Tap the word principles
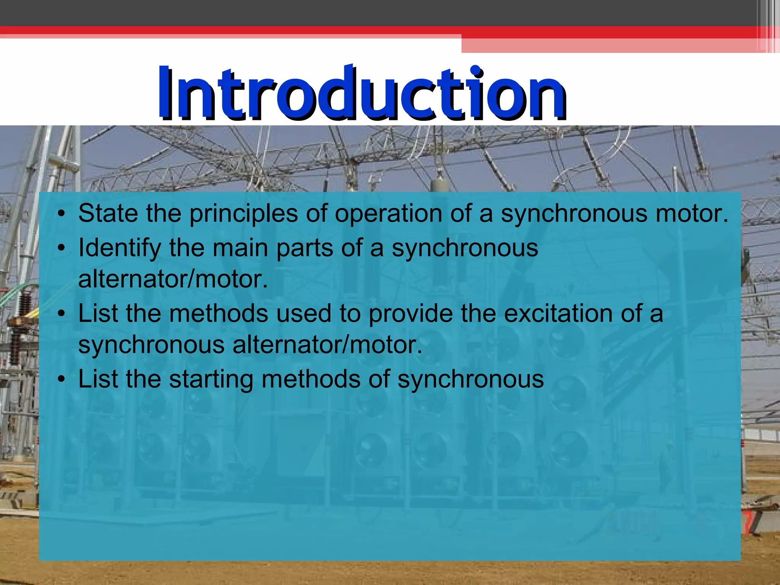244,214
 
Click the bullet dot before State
61,214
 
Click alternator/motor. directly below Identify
173,280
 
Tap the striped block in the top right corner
768,26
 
